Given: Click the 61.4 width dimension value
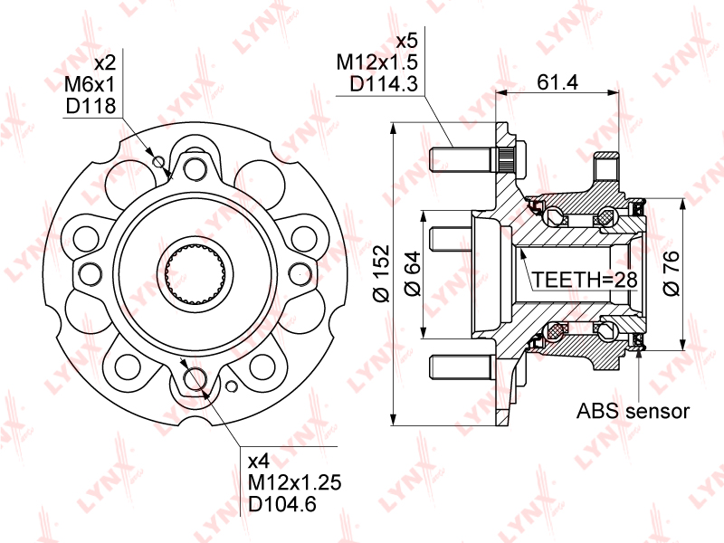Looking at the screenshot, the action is pos(557,82).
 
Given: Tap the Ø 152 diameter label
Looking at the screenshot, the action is pos(382,273).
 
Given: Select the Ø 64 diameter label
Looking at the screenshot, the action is pos(413,273).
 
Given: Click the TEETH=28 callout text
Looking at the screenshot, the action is pos(585,280).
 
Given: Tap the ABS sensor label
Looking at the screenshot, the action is pos(633,411).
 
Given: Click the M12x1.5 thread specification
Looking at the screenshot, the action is pos(376,62).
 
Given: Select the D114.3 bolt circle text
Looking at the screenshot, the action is pos(384,84).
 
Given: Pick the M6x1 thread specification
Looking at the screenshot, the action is pos(90,84).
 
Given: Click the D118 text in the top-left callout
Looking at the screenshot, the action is pos(90,106).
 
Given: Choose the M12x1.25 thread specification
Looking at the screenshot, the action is pos(295,482).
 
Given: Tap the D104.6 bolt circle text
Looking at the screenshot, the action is pos(282,504).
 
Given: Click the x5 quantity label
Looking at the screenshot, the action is pos(406,41).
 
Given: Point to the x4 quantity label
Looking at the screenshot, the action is pos(259,462).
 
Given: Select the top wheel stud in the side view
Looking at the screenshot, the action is pos(476,160).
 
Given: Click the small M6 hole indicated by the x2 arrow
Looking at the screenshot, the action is pos(159,162).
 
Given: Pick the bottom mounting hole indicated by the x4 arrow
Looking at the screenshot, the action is pos(195,378).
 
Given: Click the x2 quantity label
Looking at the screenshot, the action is pos(105,62).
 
